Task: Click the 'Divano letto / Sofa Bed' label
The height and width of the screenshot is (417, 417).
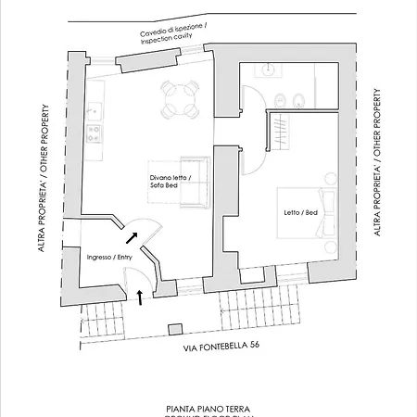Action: click(x=170, y=181)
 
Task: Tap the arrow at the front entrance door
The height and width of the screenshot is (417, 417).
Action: click(x=139, y=297)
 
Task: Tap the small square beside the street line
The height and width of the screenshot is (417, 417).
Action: click(x=172, y=327)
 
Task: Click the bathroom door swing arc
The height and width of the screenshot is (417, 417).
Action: click(x=248, y=99)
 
